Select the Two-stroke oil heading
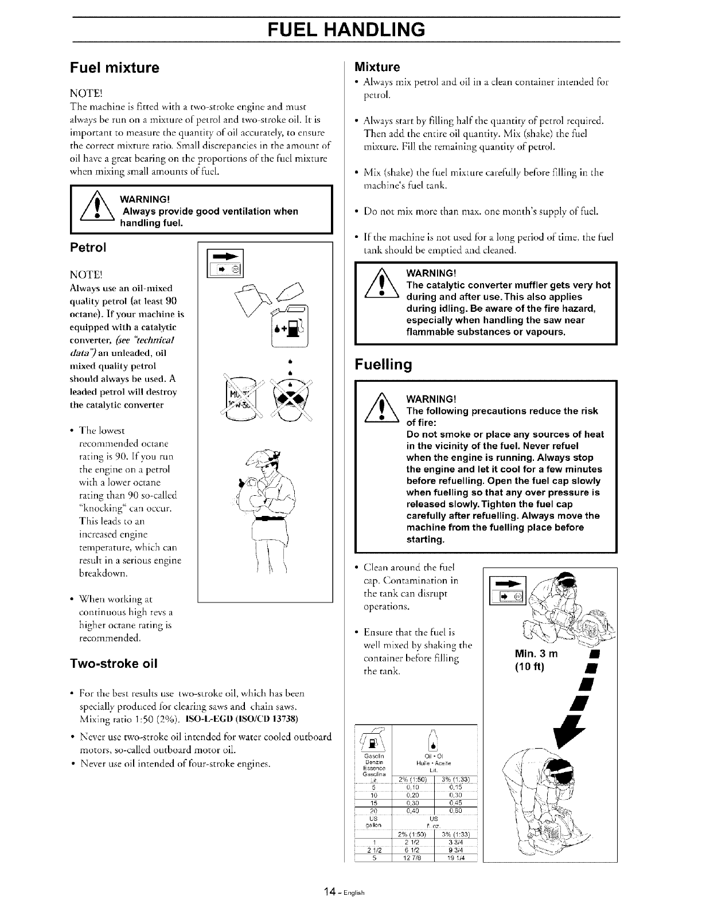114,664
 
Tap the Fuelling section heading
383,365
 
